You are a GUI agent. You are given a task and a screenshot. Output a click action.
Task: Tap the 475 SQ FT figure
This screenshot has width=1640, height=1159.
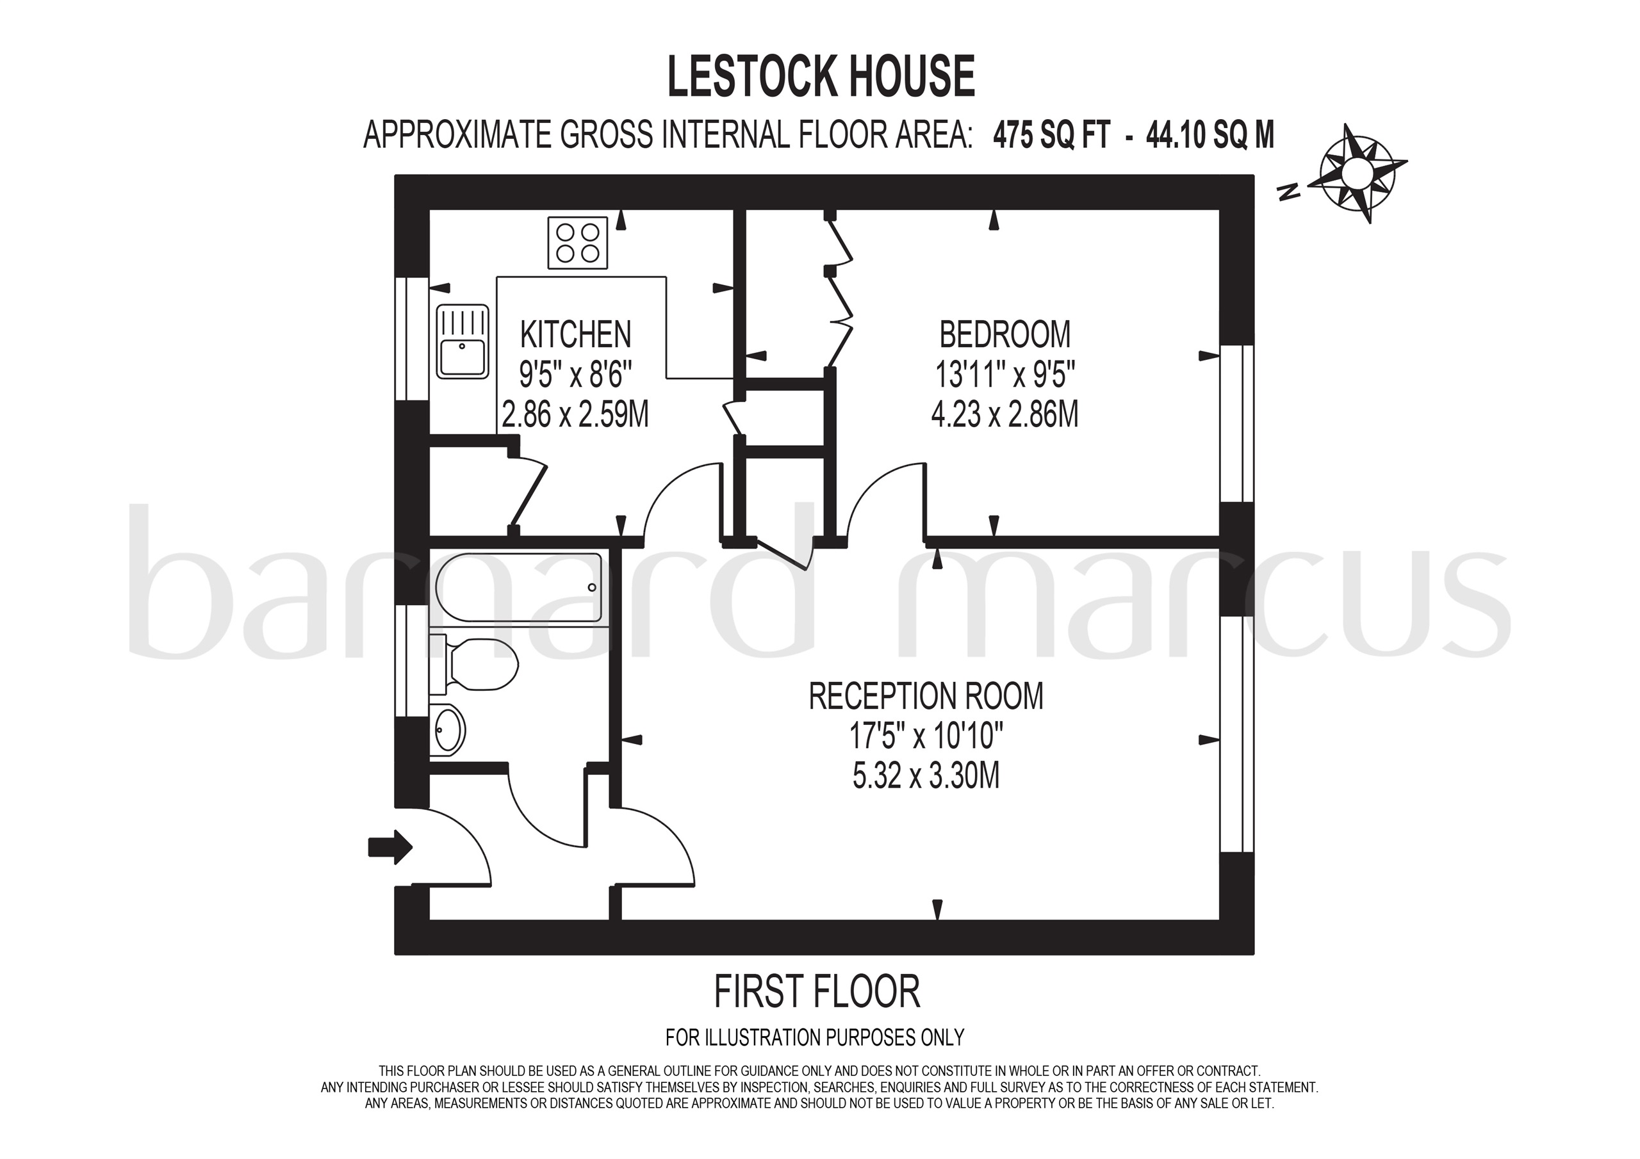coord(1051,134)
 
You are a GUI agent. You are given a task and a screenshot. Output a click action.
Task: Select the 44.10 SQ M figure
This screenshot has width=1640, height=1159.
coord(1209,134)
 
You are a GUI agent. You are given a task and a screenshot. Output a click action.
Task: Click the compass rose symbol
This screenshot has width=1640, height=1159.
coord(1355,173)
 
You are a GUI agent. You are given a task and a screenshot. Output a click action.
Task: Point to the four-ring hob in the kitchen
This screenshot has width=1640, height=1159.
coord(578,243)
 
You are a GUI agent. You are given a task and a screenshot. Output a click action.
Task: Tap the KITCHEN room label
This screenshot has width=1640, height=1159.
coord(576,334)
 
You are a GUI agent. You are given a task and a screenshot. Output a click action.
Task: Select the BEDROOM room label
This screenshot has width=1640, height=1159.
coord(1005,334)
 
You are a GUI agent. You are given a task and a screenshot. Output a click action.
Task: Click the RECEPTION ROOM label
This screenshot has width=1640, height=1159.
coord(926,696)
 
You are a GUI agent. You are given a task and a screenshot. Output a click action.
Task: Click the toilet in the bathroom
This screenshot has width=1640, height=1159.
coord(477,665)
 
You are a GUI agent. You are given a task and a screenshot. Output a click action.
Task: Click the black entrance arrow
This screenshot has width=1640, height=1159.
coord(390,847)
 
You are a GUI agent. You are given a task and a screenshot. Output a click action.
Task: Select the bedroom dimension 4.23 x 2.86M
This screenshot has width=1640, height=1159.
coord(1005,414)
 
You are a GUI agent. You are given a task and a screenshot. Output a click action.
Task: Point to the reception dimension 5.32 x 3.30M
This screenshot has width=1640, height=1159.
coord(926,776)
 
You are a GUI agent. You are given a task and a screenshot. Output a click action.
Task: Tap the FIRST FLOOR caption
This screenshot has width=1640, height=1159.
coord(817,992)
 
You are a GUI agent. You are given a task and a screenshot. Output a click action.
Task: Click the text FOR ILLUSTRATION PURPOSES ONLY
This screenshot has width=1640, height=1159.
coord(814,1037)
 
